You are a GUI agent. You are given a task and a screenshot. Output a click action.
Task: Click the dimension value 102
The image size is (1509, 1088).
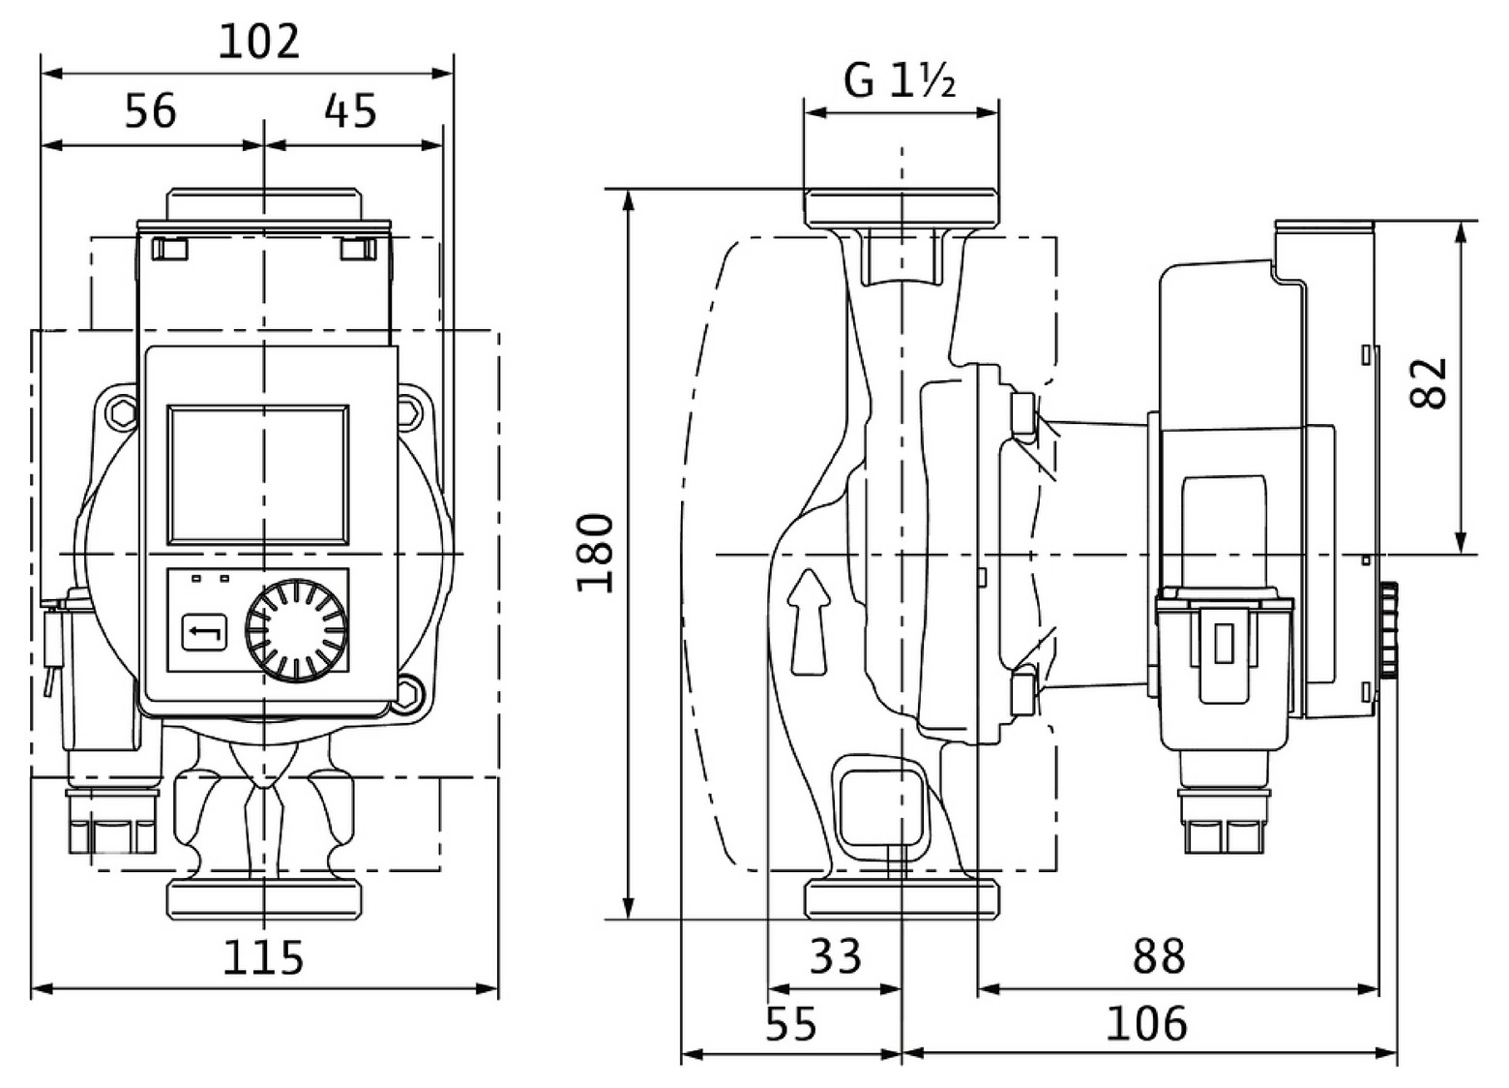click(x=259, y=43)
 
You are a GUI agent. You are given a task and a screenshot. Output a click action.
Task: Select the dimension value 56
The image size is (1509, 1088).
click(x=151, y=111)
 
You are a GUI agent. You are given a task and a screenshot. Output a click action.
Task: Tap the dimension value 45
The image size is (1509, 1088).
click(x=350, y=111)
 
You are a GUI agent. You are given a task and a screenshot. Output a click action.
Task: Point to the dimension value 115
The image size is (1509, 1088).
click(x=263, y=957)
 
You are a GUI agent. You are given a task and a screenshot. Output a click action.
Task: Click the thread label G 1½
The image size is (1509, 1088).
click(x=900, y=81)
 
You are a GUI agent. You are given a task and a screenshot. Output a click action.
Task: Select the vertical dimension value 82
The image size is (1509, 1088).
click(x=1430, y=383)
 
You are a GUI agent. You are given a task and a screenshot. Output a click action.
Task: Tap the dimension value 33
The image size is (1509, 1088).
click(x=835, y=957)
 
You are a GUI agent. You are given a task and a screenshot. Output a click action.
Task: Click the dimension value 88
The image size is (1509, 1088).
click(x=1158, y=957)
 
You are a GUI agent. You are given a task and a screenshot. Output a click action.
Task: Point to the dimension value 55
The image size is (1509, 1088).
click(x=791, y=1024)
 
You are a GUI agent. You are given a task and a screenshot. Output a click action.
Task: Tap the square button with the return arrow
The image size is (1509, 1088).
click(x=204, y=633)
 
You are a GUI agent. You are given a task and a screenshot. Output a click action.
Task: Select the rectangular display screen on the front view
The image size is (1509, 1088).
click(x=257, y=474)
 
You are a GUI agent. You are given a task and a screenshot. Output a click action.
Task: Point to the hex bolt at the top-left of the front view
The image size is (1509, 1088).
click(x=124, y=413)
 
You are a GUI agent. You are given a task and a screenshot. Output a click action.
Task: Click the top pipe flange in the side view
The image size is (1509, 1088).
click(x=901, y=207)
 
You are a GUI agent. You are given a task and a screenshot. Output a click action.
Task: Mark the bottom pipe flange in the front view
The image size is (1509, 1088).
click(x=264, y=898)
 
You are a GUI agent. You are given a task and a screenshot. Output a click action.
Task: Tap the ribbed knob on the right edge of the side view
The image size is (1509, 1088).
click(x=1389, y=629)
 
